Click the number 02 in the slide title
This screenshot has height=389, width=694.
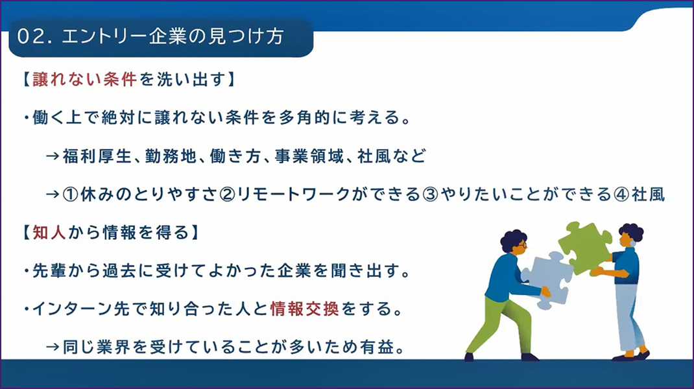30,37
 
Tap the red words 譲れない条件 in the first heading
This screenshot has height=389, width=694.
84,80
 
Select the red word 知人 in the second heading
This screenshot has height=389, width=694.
49,232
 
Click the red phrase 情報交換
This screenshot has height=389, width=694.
304,309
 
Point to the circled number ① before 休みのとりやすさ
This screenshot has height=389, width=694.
71,194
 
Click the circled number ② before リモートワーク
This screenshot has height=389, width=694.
228,194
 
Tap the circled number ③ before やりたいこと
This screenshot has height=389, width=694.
430,194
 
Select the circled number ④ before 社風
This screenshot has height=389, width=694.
621,194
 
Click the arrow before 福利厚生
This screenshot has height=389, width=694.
53,156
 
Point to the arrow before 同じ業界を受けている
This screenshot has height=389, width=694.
53,348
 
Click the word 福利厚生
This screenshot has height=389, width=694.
97,156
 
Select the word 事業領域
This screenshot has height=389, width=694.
309,156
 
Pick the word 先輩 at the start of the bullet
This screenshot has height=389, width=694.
49,271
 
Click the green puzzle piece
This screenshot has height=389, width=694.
585,247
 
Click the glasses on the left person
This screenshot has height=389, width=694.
522,244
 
